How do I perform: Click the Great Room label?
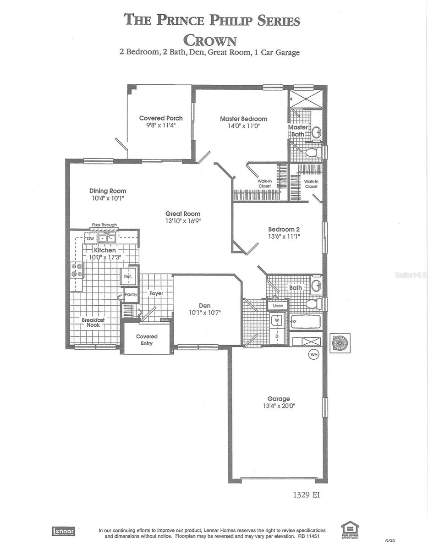183,214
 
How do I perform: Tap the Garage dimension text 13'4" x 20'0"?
279,406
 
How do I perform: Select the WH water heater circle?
314,354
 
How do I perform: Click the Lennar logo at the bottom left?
63,531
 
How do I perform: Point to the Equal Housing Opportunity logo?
350,530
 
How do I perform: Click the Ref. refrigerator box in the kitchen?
128,276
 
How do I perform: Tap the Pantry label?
131,294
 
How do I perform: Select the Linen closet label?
278,305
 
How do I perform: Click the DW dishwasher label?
90,238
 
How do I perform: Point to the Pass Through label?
103,225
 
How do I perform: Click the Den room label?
204,306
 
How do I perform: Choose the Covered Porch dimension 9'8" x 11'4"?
161,125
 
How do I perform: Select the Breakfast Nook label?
93,322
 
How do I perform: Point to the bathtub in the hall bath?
306,321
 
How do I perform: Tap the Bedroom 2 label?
284,230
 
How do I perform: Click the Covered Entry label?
147,340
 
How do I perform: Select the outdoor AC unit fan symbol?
340,343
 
